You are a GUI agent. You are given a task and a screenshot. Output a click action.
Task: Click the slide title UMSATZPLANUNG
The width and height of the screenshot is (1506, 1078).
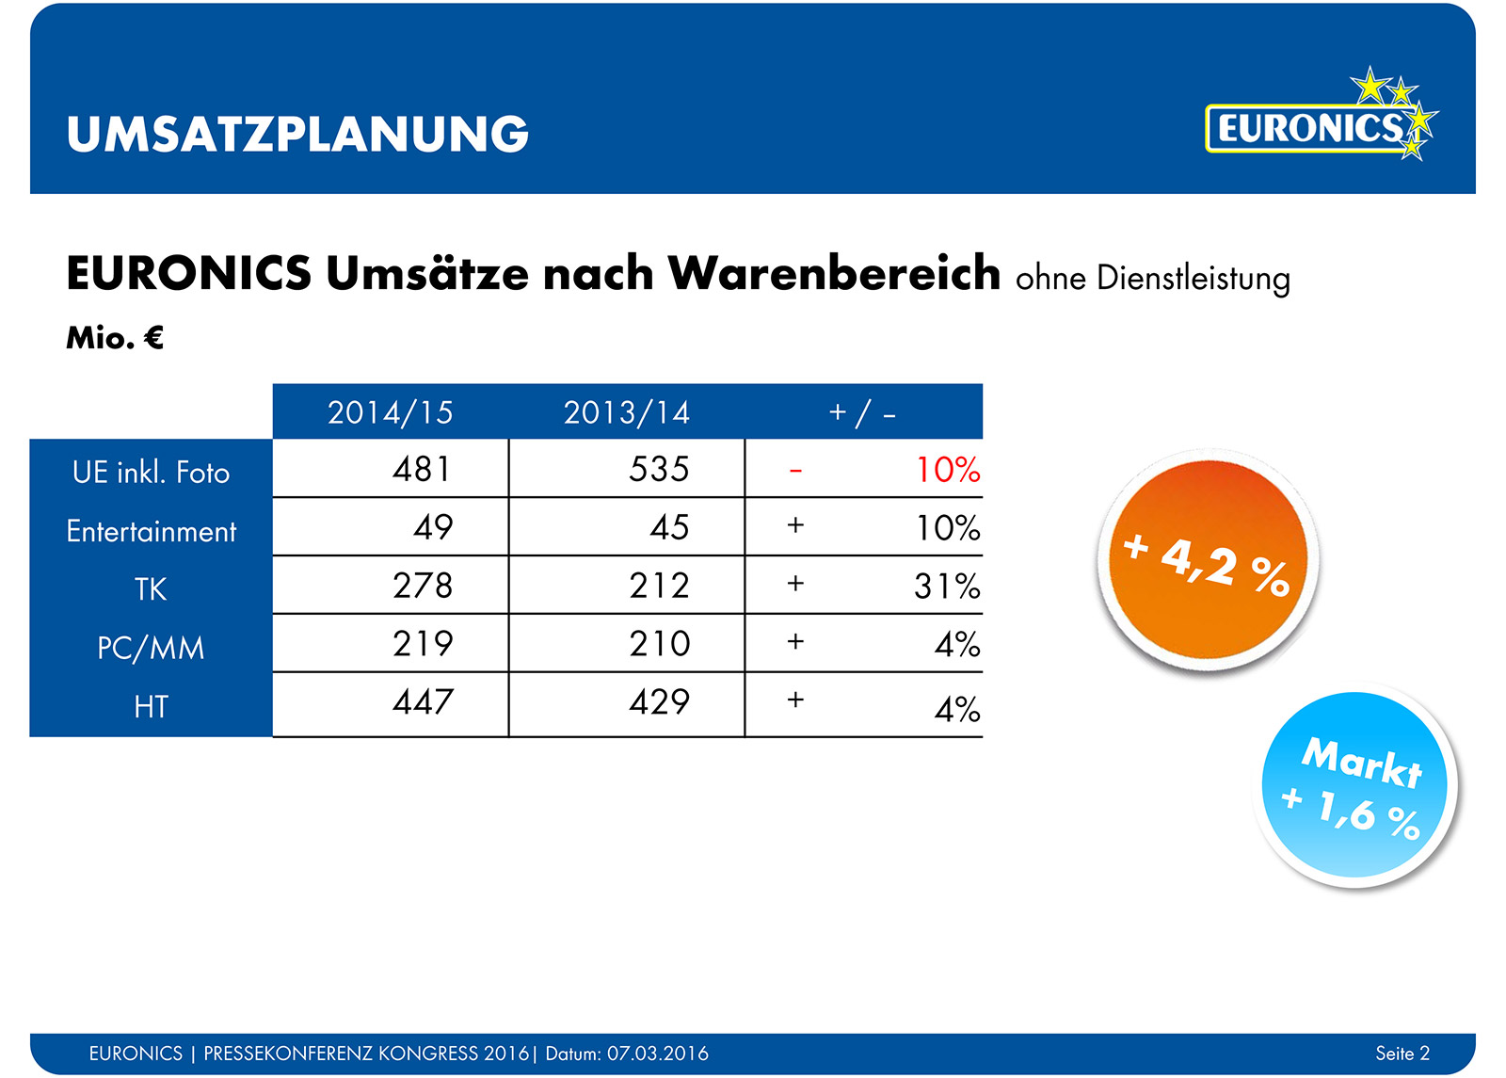tap(297, 135)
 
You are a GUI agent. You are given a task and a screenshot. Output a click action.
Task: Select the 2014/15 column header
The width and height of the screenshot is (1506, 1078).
tap(391, 412)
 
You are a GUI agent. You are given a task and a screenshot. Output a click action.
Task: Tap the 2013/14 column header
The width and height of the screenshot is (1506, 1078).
tap(627, 412)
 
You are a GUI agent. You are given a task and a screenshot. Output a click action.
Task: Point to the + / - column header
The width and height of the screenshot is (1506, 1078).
tap(862, 412)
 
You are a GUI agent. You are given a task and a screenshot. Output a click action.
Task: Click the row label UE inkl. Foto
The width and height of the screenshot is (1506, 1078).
tap(151, 472)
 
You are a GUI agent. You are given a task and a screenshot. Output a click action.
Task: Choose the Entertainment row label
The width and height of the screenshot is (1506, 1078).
tap(151, 531)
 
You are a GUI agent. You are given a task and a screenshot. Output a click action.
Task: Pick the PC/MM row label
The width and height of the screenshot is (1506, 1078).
tap(151, 648)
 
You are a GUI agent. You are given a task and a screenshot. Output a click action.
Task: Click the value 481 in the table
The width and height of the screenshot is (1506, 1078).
tap(423, 469)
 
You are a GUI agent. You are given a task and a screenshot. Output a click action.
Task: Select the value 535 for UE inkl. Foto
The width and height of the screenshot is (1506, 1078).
tap(659, 469)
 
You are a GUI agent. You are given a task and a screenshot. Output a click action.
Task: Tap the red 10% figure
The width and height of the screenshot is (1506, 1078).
tap(948, 470)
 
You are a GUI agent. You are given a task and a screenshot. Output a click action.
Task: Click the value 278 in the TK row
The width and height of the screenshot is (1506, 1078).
tap(423, 586)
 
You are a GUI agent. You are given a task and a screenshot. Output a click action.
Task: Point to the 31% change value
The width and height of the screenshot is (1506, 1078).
tap(947, 587)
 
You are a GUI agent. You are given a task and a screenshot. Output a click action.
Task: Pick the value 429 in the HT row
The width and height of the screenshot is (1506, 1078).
tap(659, 702)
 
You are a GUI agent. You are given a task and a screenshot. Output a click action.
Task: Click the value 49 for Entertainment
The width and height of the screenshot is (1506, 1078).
tap(433, 527)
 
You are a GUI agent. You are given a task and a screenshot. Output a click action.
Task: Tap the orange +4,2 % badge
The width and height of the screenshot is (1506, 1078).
tap(1209, 561)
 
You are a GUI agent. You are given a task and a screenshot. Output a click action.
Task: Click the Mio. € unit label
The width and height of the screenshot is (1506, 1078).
tap(115, 338)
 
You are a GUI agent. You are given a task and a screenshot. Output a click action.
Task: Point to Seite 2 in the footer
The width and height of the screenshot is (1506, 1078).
tap(1402, 1054)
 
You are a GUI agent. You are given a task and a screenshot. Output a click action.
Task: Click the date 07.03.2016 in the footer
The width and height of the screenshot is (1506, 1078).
tap(658, 1054)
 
